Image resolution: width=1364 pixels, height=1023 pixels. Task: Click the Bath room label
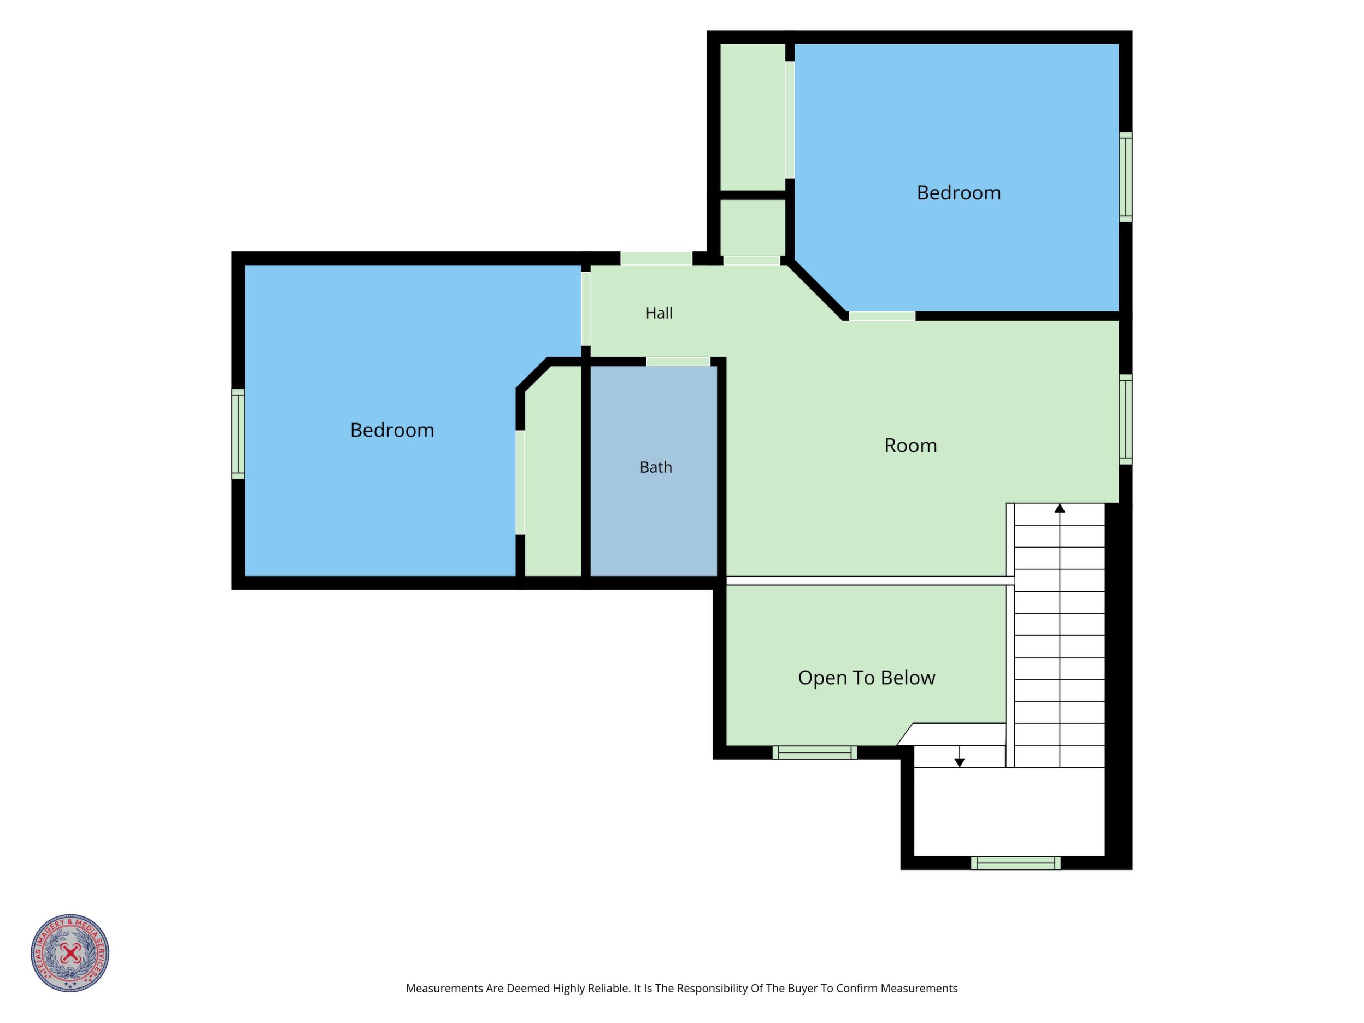pyautogui.click(x=655, y=467)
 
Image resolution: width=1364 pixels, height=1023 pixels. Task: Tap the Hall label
pyautogui.click(x=659, y=313)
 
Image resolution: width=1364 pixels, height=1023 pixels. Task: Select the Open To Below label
pyautogui.click(x=866, y=678)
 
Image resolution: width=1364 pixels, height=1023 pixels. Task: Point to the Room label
pyautogui.click(x=910, y=446)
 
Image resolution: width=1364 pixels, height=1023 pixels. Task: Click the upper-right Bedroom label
pyautogui.click(x=959, y=193)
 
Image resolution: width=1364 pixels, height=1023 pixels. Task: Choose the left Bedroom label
pyautogui.click(x=392, y=431)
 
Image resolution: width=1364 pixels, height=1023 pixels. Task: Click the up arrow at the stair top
pyautogui.click(x=1060, y=508)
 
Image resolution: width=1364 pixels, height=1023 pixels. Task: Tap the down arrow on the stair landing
pyautogui.click(x=960, y=763)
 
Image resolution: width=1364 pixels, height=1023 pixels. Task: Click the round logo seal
pyautogui.click(x=70, y=953)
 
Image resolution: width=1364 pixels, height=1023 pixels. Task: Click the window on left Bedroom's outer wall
pyautogui.click(x=238, y=434)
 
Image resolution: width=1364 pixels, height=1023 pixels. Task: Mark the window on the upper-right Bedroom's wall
pyautogui.click(x=1125, y=177)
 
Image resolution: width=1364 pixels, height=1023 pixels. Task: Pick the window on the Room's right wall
pyautogui.click(x=1125, y=419)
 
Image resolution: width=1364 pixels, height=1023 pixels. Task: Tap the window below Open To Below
pyautogui.click(x=815, y=752)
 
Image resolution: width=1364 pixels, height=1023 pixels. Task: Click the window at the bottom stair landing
pyautogui.click(x=1015, y=863)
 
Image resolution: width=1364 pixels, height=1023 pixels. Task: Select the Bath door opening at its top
pyautogui.click(x=678, y=362)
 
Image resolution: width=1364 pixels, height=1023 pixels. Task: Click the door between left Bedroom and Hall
pyautogui.click(x=586, y=309)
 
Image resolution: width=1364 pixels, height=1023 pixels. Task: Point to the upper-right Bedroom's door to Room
pyautogui.click(x=883, y=316)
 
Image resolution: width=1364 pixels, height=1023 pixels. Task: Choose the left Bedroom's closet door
pyautogui.click(x=520, y=482)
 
